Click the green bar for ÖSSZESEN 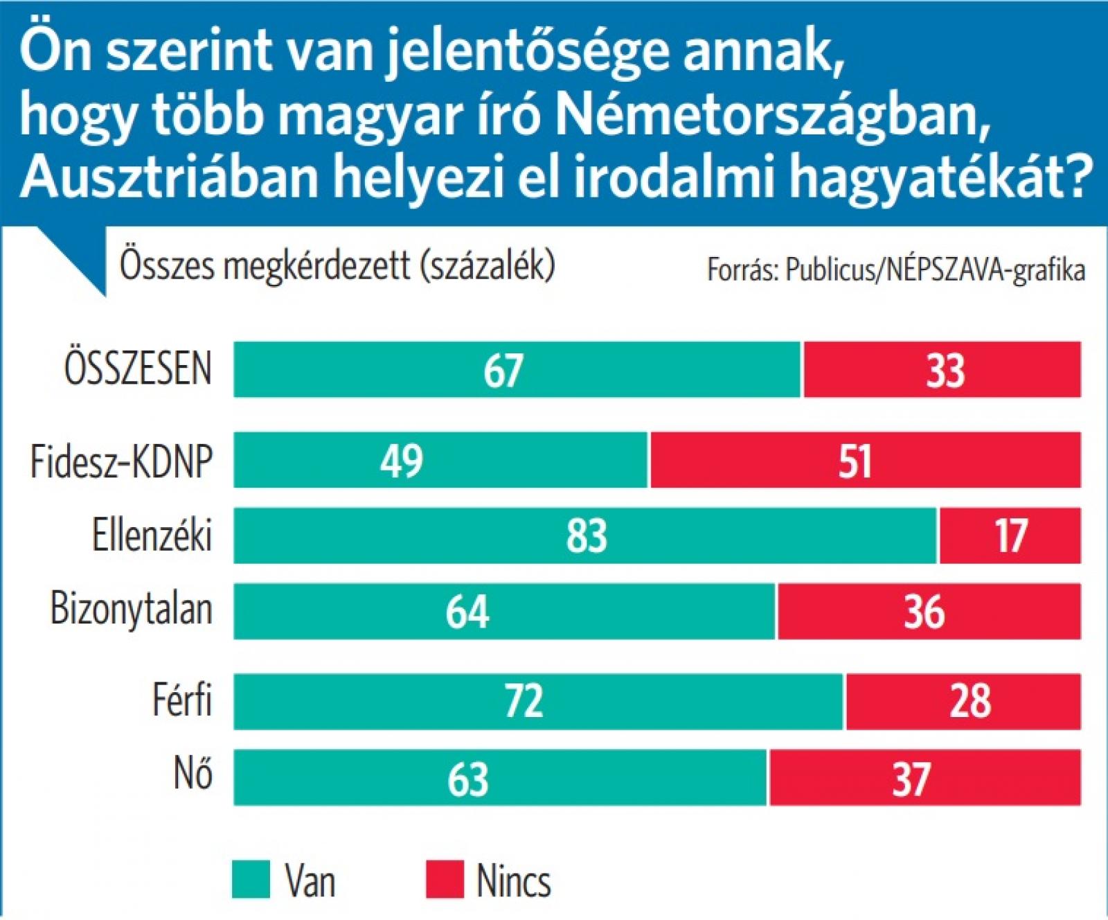[x=517, y=369]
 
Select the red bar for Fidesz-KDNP [x=865, y=460]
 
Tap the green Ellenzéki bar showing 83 [x=586, y=536]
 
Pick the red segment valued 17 [x=1010, y=536]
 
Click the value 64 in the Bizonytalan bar [x=467, y=612]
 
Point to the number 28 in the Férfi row [x=970, y=700]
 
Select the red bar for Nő [x=924, y=777]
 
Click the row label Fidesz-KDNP [x=121, y=461]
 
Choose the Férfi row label [x=181, y=700]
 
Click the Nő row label [x=193, y=774]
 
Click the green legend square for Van [x=251, y=879]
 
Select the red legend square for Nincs [x=444, y=879]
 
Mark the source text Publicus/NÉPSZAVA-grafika [x=935, y=270]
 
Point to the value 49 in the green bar [x=402, y=460]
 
